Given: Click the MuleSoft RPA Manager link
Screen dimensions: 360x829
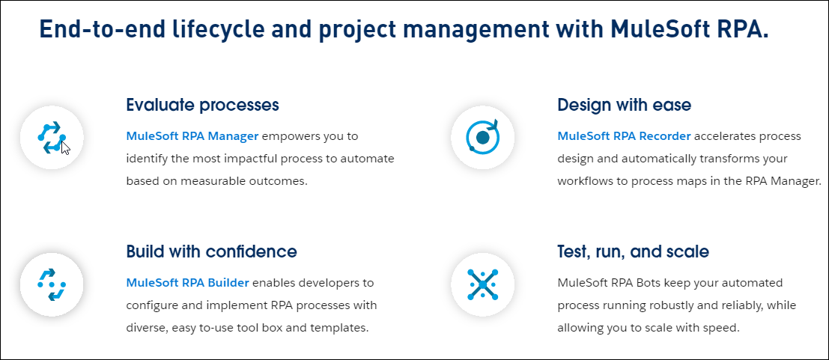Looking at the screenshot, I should click(x=192, y=136).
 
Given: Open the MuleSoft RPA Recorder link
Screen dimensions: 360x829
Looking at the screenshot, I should click(x=624, y=136).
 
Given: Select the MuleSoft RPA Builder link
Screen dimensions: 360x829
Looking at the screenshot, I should click(x=187, y=283).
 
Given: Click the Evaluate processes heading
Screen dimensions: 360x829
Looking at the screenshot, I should click(x=202, y=105).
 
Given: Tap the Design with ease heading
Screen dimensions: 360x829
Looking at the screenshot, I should click(x=624, y=105).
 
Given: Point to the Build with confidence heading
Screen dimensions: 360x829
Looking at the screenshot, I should click(x=211, y=251).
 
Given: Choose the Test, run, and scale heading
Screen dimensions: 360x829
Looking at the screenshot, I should click(x=633, y=251).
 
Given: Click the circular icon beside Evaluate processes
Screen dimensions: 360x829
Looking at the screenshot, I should click(x=51, y=137).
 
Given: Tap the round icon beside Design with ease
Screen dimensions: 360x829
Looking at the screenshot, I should click(x=482, y=137).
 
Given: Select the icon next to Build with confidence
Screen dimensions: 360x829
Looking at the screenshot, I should click(x=51, y=284).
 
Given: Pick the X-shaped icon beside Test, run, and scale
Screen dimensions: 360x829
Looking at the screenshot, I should click(x=482, y=284).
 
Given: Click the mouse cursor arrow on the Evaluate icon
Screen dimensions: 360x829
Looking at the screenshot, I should click(x=65, y=147).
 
